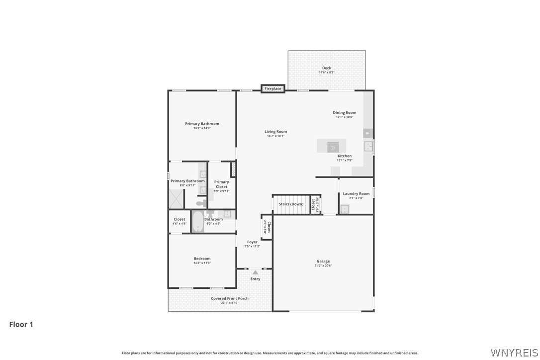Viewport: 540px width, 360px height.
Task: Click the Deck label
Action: tap(326, 68)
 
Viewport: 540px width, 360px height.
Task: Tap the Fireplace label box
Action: tap(273, 89)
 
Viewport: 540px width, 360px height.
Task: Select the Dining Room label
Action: tap(345, 113)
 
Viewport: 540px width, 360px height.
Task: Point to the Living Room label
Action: tap(275, 132)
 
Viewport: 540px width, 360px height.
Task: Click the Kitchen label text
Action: tap(345, 156)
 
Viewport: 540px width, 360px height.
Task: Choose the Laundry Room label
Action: tap(356, 193)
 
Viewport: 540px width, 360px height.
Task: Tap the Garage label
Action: tap(323, 261)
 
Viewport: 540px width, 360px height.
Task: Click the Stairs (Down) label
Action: tap(291, 204)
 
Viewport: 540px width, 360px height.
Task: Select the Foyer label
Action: tap(253, 242)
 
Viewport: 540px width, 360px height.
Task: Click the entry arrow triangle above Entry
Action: tap(255, 272)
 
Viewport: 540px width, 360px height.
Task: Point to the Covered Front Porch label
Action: tap(230, 298)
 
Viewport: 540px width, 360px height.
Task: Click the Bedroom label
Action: tap(202, 259)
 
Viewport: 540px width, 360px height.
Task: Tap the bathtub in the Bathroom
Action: tap(197, 221)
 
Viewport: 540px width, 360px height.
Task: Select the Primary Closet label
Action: tap(222, 184)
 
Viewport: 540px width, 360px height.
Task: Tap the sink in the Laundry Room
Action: tap(345, 209)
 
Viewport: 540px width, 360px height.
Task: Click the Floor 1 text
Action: tap(21, 325)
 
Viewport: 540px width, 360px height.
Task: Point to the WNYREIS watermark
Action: tap(514, 353)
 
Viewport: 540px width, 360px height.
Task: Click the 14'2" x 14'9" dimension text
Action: tap(202, 128)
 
